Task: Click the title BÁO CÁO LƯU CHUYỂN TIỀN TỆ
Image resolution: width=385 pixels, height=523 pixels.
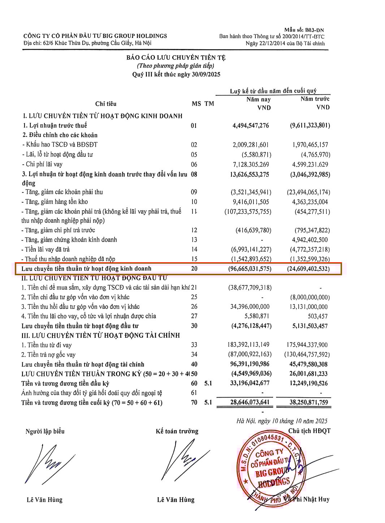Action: click(176, 57)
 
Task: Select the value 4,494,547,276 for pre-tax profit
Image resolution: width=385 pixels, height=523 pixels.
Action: click(251, 125)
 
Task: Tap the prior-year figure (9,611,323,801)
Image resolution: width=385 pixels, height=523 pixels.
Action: click(310, 125)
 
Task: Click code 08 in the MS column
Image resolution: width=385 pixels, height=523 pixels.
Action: click(194, 174)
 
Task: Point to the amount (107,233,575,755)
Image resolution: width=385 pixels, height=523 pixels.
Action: click(248, 212)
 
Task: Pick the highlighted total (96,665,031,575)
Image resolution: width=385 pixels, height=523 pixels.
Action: click(250, 269)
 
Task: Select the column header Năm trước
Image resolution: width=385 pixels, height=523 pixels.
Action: click(315, 99)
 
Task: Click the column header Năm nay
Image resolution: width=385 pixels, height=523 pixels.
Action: click(258, 99)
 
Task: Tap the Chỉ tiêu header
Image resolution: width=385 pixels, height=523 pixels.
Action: click(106, 104)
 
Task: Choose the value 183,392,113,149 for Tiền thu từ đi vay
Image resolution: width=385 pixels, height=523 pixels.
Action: click(248, 345)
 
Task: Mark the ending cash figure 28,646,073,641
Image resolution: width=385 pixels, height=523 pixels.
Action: click(250, 402)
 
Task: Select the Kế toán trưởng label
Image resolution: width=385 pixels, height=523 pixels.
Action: click(177, 431)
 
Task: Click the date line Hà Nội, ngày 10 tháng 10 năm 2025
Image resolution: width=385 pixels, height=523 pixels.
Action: click(282, 421)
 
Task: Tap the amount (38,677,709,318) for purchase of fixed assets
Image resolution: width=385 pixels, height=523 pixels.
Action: click(250, 288)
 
